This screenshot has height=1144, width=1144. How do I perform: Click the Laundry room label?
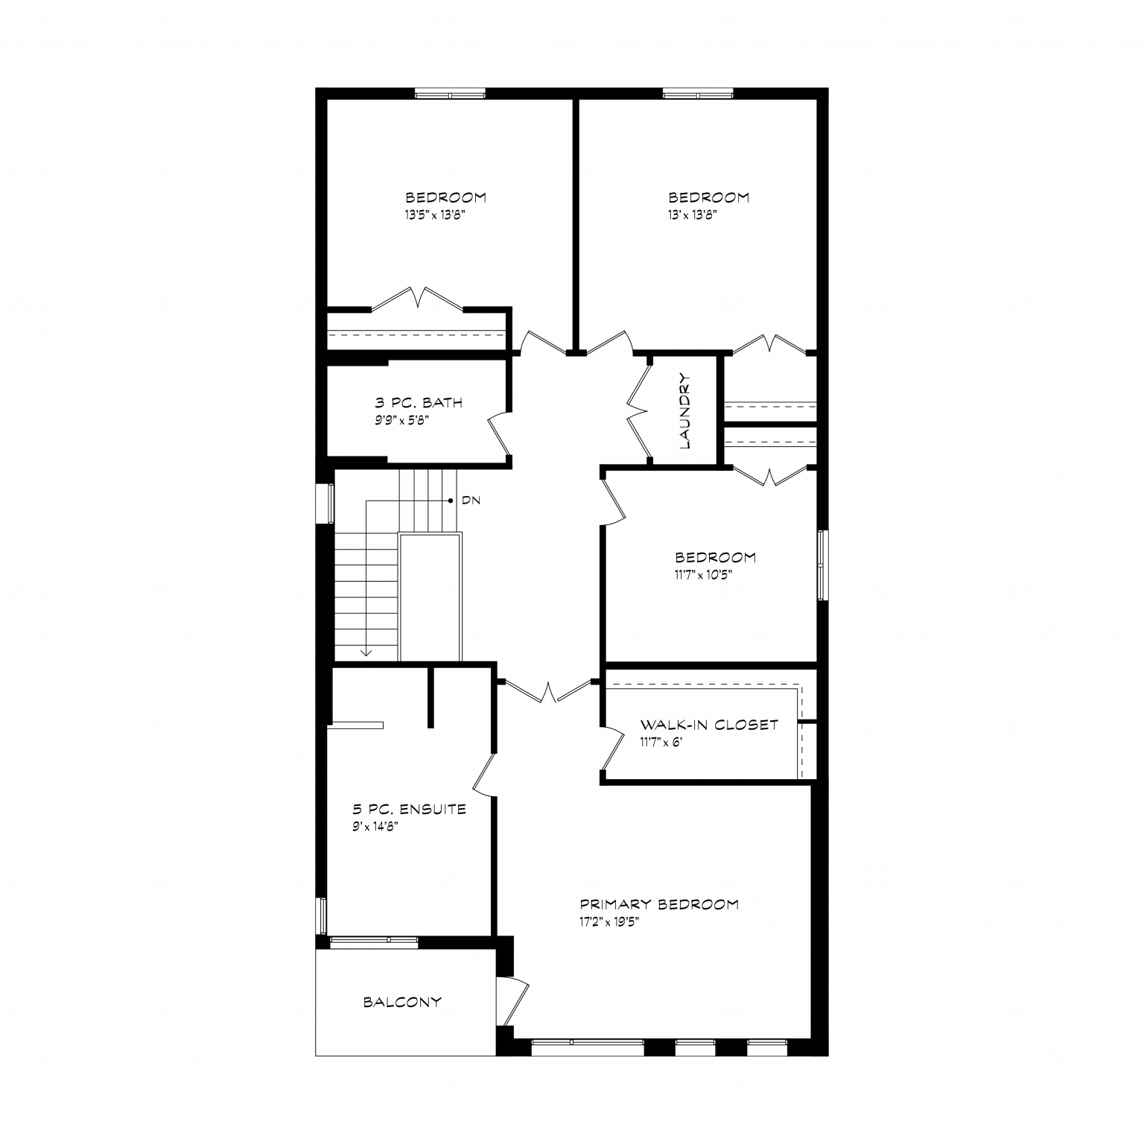686,411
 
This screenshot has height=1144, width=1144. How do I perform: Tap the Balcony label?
402,1002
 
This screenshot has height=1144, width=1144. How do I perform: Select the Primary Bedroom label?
659,904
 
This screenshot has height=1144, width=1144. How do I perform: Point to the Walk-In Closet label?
709,725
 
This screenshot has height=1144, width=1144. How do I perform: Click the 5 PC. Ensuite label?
409,810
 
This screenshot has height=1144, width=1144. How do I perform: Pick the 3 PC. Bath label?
419,403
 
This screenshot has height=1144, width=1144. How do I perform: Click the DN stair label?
471,500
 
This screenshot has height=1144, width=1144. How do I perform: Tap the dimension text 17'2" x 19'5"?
610,921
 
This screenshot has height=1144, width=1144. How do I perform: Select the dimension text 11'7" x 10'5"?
705,574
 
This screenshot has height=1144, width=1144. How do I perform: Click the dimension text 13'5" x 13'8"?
436,214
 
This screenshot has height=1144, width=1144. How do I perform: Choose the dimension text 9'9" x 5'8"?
402,420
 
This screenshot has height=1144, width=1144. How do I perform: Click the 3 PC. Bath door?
500,433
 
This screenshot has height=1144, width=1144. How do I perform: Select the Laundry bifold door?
639,410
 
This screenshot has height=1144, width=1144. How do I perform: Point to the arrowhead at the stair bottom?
366,653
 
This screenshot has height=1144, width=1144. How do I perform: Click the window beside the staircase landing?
325,503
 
